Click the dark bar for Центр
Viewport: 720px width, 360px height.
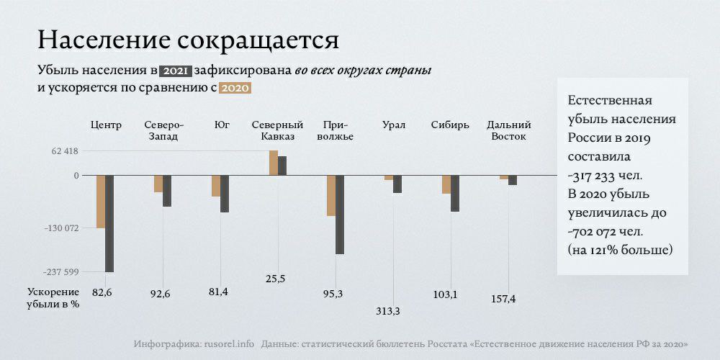pyautogui.click(x=109, y=223)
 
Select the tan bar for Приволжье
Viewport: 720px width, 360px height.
pyautogui.click(x=331, y=195)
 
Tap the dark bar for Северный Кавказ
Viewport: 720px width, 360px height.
pyautogui.click(x=282, y=166)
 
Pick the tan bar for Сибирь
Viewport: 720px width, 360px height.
pyautogui.click(x=446, y=184)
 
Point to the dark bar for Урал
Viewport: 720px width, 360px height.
pyautogui.click(x=397, y=184)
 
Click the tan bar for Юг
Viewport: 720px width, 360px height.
pyautogui.click(x=216, y=186)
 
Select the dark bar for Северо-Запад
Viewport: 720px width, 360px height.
pyautogui.click(x=167, y=191)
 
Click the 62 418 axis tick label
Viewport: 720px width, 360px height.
pyautogui.click(x=64, y=151)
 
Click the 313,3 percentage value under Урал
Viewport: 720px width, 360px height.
pyautogui.click(x=388, y=311)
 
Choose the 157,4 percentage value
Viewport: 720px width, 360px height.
pyautogui.click(x=503, y=299)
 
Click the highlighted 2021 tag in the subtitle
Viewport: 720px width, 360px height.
pyautogui.click(x=176, y=71)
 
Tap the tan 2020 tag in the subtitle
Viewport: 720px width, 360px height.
pyautogui.click(x=234, y=89)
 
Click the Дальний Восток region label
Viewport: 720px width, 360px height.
pyautogui.click(x=509, y=130)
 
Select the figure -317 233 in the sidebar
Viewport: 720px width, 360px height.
pyautogui.click(x=604, y=175)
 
